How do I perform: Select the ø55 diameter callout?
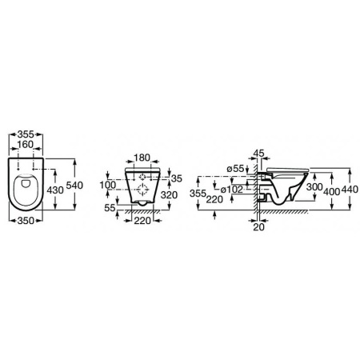pyautogui.click(x=234, y=167)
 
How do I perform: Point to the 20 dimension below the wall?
pyautogui.click(x=258, y=227)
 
